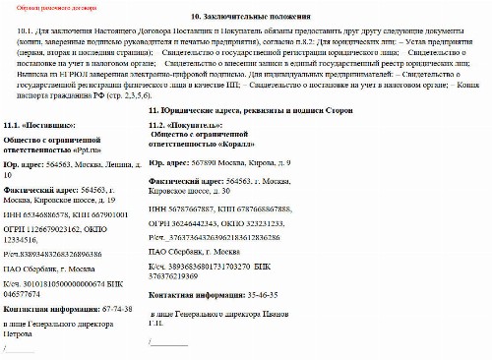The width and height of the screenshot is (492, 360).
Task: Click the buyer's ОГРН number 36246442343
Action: [x=191, y=223]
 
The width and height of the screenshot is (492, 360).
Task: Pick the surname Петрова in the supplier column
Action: [x=22, y=332]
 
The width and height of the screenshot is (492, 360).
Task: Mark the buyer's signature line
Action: [x=167, y=342]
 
